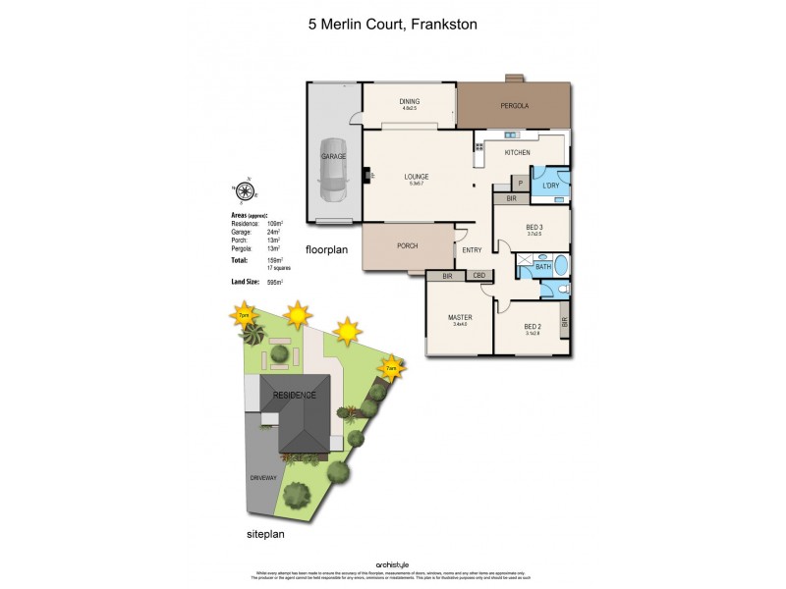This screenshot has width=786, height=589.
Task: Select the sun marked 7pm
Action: pyautogui.click(x=244, y=316)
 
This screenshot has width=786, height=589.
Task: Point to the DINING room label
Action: pyautogui.click(x=409, y=100)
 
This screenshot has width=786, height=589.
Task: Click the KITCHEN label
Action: pyautogui.click(x=518, y=153)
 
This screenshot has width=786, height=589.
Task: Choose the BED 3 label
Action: pyautogui.click(x=533, y=227)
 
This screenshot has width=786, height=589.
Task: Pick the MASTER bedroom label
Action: pyautogui.click(x=459, y=317)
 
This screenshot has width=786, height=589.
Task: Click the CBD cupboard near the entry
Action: pyautogui.click(x=479, y=276)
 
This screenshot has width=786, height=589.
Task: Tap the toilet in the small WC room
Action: pyautogui.click(x=558, y=289)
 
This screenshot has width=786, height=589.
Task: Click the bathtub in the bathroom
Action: pyautogui.click(x=558, y=265)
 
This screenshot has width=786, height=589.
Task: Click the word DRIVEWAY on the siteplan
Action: pyautogui.click(x=266, y=477)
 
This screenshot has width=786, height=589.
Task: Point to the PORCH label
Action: pyautogui.click(x=409, y=245)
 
